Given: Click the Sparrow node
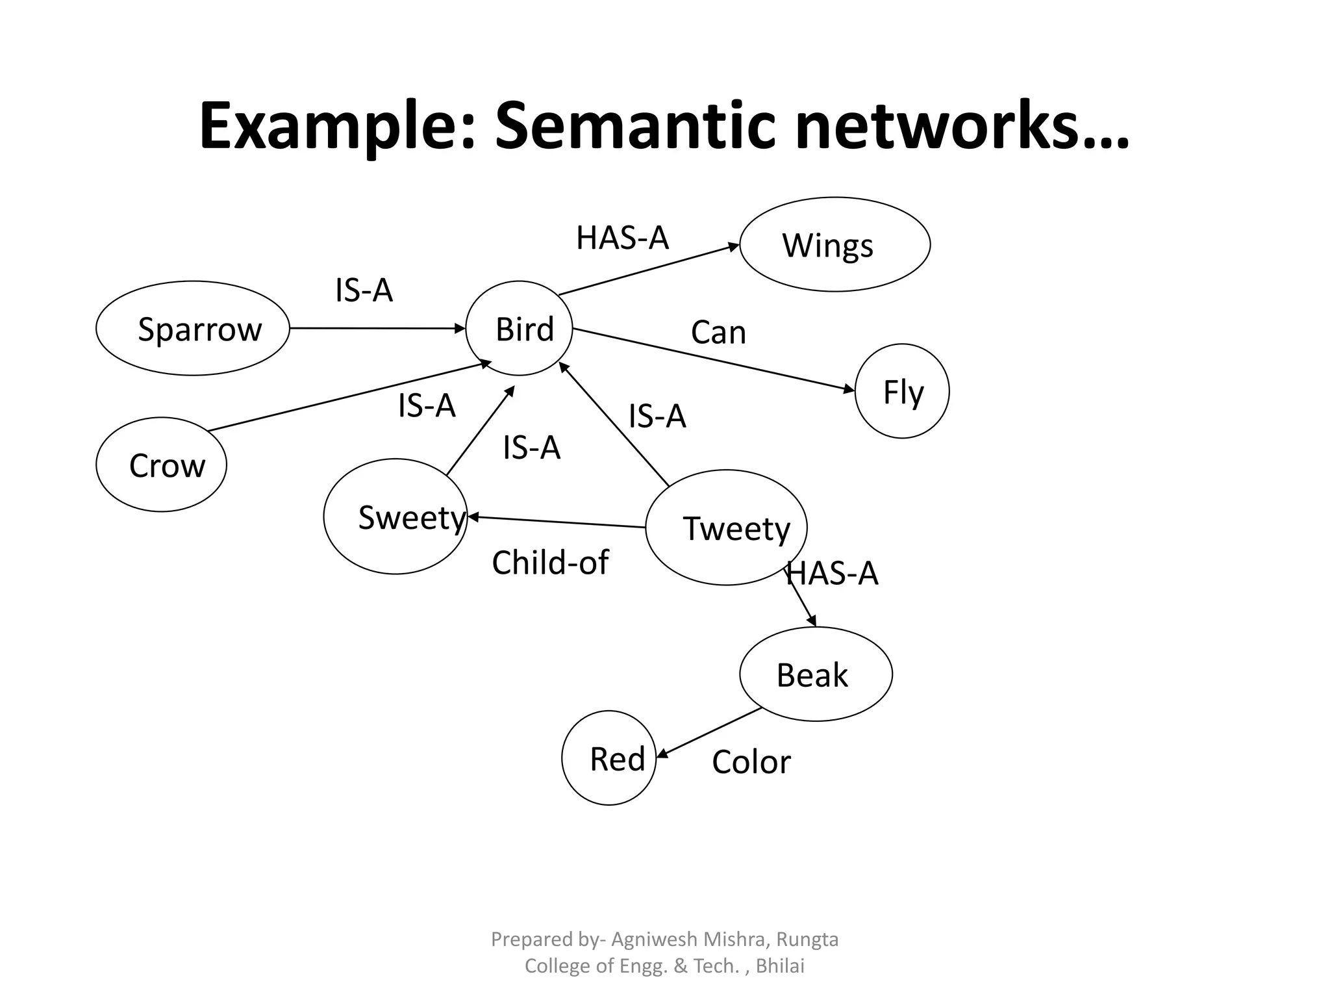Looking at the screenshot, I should tap(193, 328).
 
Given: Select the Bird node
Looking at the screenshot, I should tap(520, 328).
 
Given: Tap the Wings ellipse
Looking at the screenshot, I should tap(834, 244).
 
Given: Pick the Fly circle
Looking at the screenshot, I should tap(902, 391).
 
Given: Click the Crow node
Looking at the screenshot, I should tap(161, 465).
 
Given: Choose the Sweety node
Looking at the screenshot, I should tap(395, 517).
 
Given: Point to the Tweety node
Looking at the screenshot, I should tap(726, 528).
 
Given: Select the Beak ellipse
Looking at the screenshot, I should tap(816, 674).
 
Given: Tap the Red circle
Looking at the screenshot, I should tap(609, 758).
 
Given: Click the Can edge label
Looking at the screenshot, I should tap(718, 333).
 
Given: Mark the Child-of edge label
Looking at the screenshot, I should tap(550, 563).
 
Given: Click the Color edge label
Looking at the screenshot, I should tap(751, 762).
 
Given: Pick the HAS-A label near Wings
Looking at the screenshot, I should tap(622, 238).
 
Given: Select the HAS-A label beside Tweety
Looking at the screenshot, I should tap(833, 574).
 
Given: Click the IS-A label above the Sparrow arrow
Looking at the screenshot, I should tap(364, 290).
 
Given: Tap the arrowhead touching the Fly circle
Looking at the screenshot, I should tap(849, 389).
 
